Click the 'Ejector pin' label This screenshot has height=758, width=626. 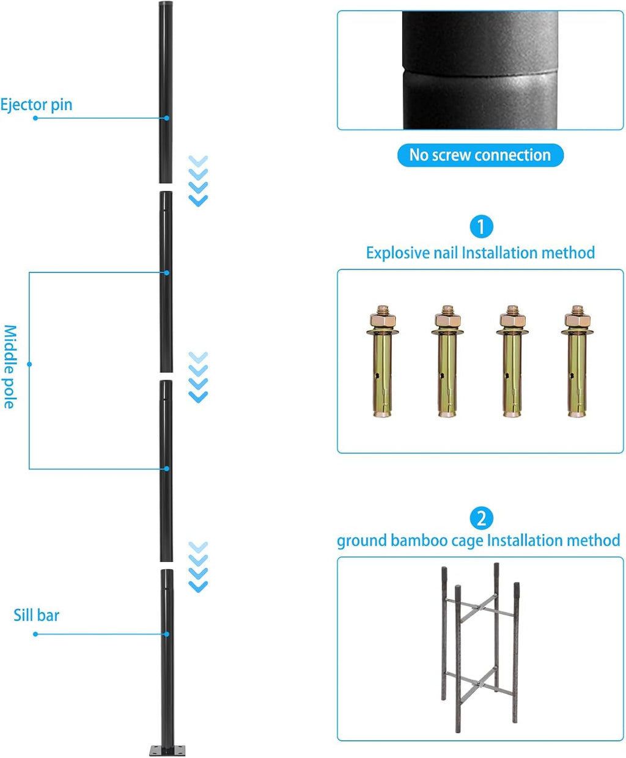click(36, 105)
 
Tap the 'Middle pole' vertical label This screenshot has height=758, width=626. click(10, 367)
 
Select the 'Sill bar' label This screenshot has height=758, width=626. click(36, 615)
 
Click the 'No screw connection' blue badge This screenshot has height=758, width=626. click(480, 155)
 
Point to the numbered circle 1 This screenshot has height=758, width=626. click(481, 227)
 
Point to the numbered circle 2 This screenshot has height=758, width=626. click(481, 518)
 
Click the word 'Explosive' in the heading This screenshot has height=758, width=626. click(397, 253)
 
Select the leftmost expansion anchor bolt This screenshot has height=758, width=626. click(382, 361)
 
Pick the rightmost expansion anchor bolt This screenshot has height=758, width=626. click(577, 361)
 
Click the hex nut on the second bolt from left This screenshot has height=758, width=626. click(447, 320)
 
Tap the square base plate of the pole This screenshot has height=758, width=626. click(167, 750)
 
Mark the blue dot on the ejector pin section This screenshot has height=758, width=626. click(166, 118)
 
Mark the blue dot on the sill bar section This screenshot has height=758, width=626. click(166, 634)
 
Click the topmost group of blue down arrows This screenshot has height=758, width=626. click(198, 181)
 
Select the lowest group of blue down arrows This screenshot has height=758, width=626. click(198, 567)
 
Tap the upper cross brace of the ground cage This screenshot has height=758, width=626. click(479, 607)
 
